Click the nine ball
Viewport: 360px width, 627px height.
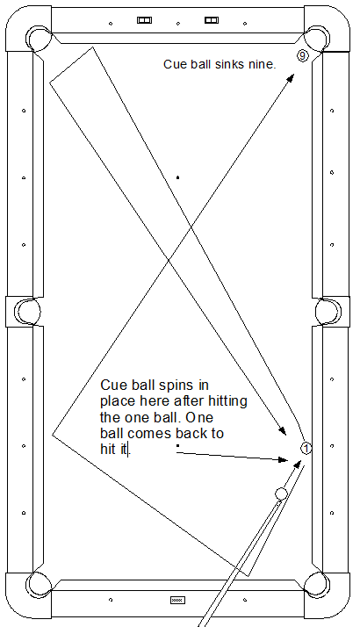pos(303,55)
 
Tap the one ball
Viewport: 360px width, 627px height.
pos(306,449)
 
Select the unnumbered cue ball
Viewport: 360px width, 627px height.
pos(281,494)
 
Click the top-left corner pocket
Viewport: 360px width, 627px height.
pos(39,39)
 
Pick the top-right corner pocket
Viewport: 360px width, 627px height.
pos(317,39)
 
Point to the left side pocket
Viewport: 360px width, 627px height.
pos(27,312)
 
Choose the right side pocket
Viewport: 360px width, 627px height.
pos(328,312)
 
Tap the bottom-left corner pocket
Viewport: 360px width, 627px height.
pos(39,584)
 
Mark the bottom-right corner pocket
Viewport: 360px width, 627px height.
pos(317,584)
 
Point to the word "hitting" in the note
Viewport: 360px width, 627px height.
pos(226,401)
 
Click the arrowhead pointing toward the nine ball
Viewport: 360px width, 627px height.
pos(291,77)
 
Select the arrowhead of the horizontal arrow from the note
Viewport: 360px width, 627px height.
pos(284,460)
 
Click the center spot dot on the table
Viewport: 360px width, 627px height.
pos(178,177)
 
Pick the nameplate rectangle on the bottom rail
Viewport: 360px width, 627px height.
pos(178,600)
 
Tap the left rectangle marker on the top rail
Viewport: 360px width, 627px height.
pos(144,20)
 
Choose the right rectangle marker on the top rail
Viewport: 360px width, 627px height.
pos(212,20)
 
